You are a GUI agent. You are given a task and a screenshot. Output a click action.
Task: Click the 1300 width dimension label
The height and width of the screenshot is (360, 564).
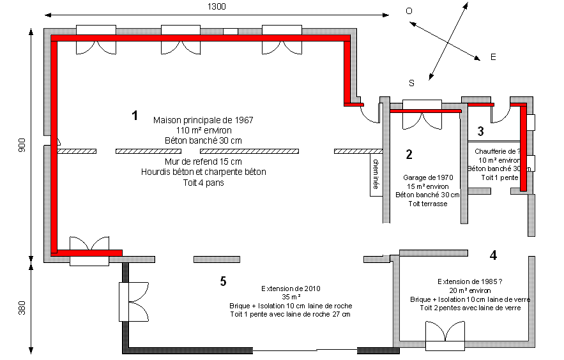[x=216, y=6]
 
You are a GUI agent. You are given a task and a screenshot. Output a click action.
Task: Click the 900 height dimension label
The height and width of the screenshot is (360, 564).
[x=22, y=145]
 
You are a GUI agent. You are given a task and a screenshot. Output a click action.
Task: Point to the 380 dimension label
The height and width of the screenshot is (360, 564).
[x=22, y=308]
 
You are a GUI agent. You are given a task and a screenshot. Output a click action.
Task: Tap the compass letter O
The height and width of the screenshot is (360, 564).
[x=409, y=11]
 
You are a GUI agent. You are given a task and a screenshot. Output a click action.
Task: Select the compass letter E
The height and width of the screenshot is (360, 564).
[x=493, y=57]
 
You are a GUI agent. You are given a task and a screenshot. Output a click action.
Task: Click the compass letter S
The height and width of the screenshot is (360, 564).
[x=412, y=83]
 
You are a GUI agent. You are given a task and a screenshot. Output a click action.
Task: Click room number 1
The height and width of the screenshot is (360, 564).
[x=135, y=116]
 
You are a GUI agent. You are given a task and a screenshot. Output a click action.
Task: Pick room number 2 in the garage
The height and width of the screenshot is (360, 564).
[x=409, y=154]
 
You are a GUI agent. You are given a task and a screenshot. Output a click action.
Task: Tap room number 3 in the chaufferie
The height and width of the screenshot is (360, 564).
[x=481, y=131]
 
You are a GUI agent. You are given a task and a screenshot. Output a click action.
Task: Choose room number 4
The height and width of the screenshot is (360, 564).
[x=493, y=255]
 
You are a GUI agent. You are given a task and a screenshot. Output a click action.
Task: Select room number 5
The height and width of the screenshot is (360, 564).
[x=222, y=281]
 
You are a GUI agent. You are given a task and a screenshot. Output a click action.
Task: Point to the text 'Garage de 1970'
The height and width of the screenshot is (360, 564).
[x=427, y=177]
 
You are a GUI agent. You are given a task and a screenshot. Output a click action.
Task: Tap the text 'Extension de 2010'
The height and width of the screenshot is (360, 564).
[x=291, y=288]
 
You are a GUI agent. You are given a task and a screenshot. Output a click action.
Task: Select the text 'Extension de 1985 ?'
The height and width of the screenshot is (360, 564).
[x=469, y=281]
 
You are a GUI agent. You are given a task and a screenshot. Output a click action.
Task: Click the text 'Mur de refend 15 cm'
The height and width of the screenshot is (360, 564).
[x=203, y=162]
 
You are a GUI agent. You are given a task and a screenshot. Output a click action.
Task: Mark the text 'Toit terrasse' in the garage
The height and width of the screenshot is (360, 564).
[x=427, y=204]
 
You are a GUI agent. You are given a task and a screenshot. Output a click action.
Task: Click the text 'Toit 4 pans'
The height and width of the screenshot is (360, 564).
[x=203, y=182]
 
